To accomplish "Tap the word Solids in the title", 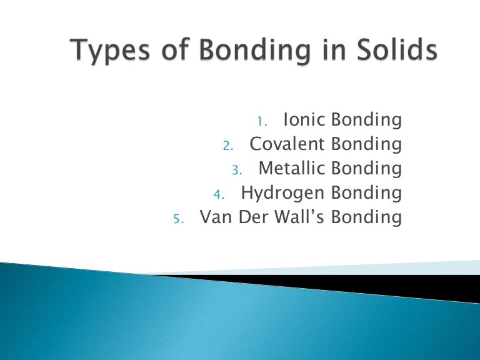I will pyautogui.click(x=392, y=50).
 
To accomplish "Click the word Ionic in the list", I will pyautogui.click(x=305, y=119).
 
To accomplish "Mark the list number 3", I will pyautogui.click(x=236, y=170).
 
